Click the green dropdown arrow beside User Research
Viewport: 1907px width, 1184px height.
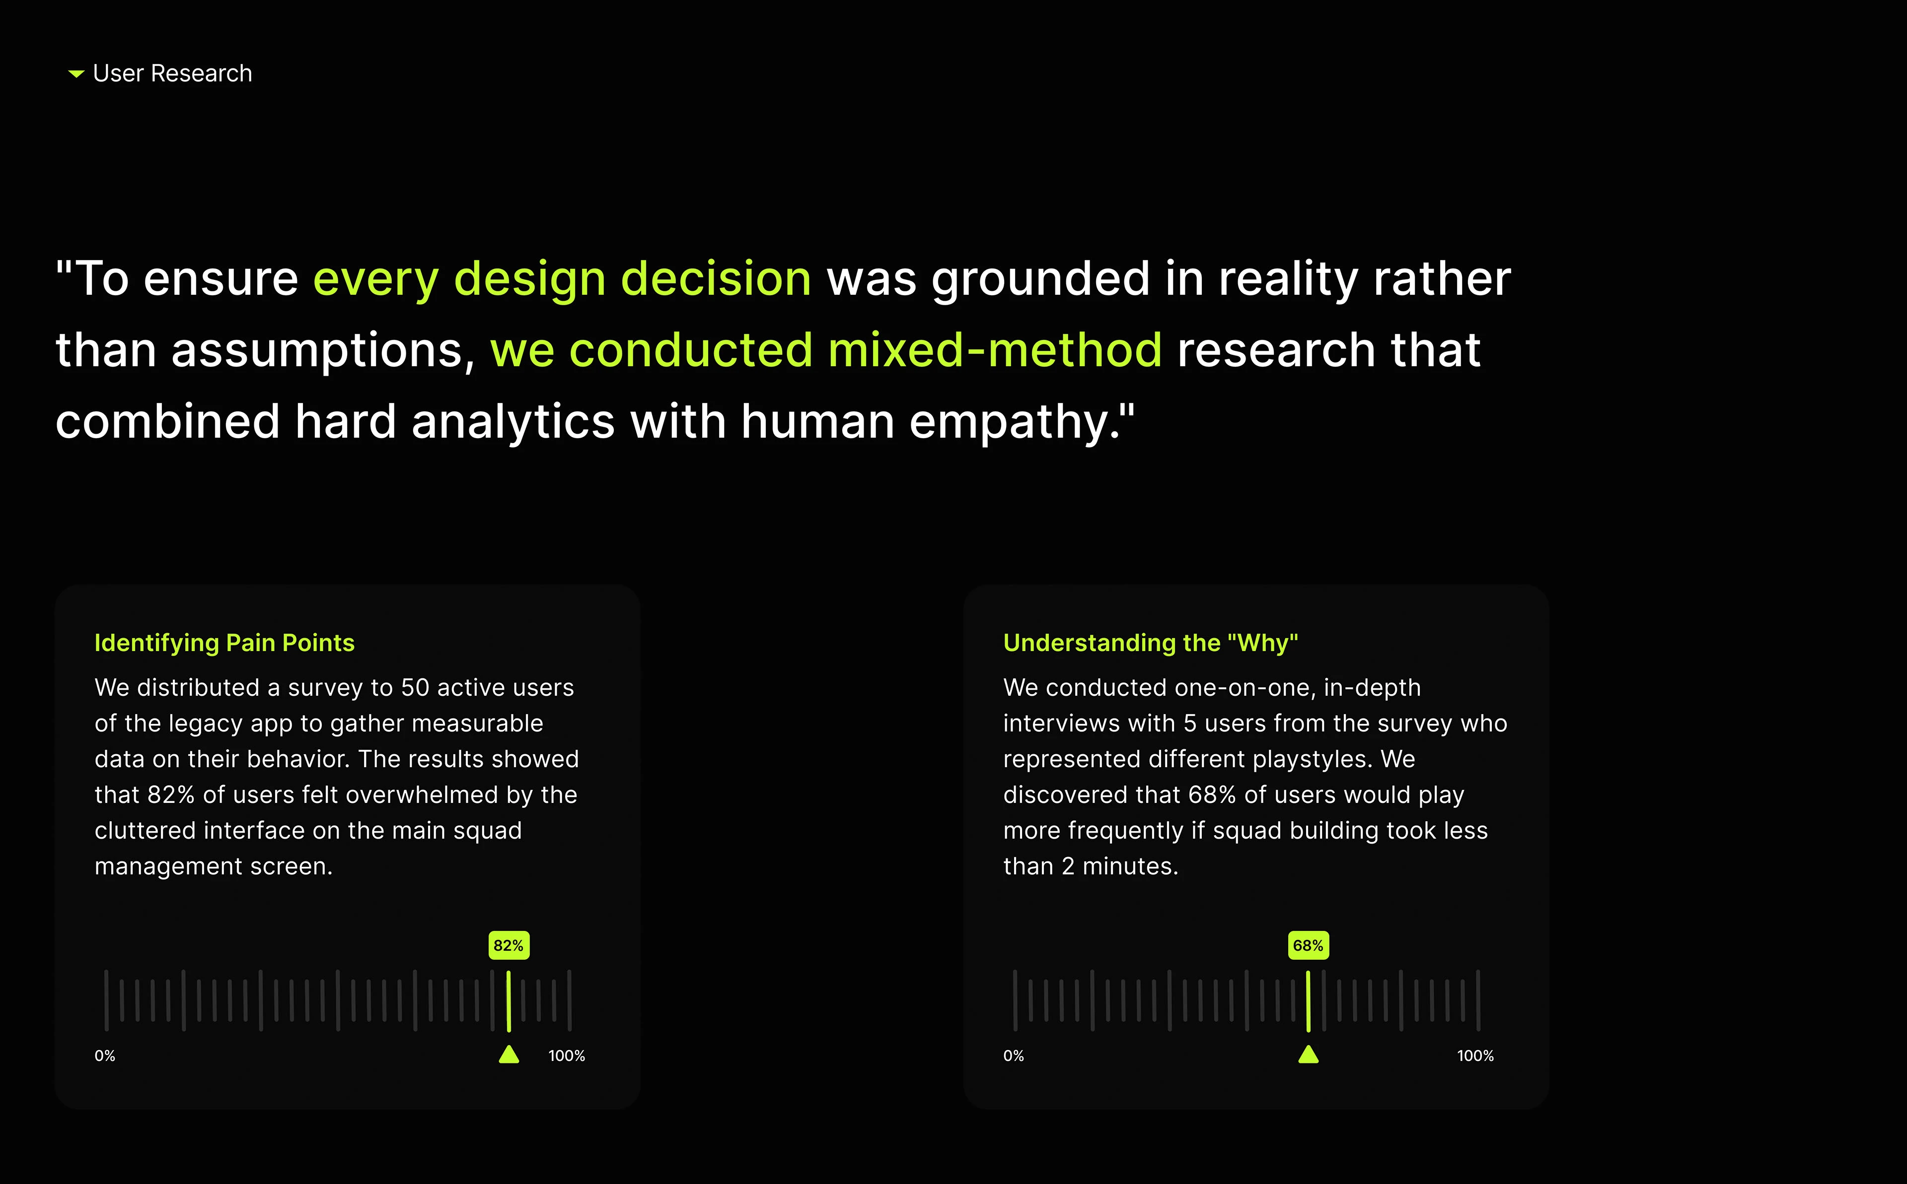click(x=76, y=73)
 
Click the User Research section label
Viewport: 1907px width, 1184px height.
click(x=172, y=73)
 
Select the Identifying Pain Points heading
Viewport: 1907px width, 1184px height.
click(x=224, y=643)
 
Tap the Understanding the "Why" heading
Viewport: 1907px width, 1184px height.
click(x=1150, y=643)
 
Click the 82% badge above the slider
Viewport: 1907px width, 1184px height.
click(x=509, y=945)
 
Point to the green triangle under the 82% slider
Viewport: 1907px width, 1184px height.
click(x=509, y=1055)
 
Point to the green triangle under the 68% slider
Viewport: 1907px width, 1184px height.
click(x=1309, y=1055)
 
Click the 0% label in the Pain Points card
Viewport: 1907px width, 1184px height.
click(x=105, y=1055)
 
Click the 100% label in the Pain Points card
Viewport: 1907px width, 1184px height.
click(x=567, y=1055)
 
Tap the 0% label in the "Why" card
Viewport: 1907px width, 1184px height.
click(x=1014, y=1055)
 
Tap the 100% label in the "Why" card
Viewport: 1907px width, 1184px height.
click(x=1475, y=1055)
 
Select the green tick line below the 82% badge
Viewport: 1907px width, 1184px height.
click(x=509, y=1001)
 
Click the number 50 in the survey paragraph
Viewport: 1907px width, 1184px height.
click(x=415, y=688)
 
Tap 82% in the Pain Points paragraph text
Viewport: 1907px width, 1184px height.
click(x=171, y=795)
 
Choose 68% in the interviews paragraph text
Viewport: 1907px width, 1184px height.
click(x=1212, y=795)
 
